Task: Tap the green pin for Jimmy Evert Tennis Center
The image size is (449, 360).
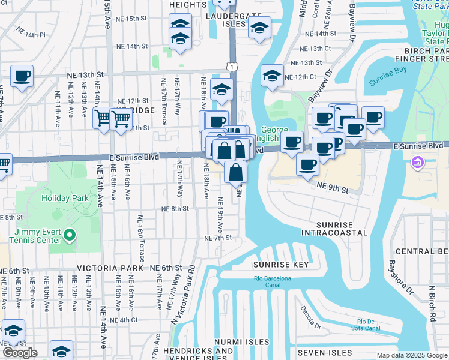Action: [70, 236]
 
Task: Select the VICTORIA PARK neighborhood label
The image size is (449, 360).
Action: [110, 268]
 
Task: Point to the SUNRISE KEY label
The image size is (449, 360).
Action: [280, 265]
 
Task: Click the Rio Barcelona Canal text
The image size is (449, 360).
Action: [272, 278]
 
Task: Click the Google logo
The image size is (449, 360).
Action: [20, 353]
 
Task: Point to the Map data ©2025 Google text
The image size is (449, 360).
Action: [411, 355]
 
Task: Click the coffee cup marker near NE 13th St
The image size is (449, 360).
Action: [22, 76]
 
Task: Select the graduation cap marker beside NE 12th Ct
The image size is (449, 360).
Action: [272, 76]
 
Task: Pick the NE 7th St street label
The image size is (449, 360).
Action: [218, 238]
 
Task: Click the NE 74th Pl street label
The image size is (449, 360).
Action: [31, 32]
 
